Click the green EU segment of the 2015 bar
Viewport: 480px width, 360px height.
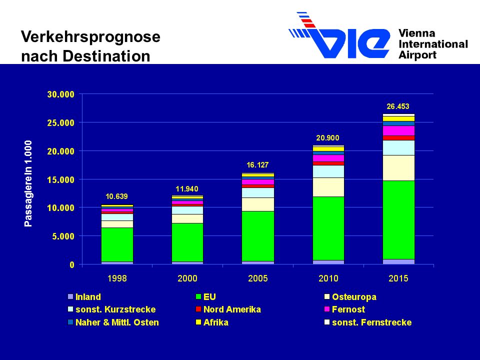tap(398, 220)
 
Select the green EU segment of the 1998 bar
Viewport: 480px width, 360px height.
tap(117, 244)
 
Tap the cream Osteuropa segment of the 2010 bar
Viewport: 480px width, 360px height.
tap(328, 187)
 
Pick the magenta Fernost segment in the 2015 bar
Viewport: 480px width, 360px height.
tap(398, 130)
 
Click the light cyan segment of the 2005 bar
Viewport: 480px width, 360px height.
tap(258, 192)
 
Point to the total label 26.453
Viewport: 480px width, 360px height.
tap(398, 106)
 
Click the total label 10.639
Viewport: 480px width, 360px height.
tap(116, 196)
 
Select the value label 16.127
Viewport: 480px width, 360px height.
tap(257, 164)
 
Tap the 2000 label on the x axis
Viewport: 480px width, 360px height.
tap(187, 278)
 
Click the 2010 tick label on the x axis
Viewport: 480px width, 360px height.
tap(328, 278)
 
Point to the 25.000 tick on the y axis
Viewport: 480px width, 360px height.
tap(60, 123)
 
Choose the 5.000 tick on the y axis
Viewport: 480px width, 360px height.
tap(63, 236)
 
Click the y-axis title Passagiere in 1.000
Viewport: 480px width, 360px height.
tap(28, 183)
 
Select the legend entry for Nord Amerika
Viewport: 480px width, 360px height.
tap(228, 309)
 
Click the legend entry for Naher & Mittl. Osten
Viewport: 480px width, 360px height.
tap(113, 322)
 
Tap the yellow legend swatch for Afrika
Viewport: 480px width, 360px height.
tap(198, 322)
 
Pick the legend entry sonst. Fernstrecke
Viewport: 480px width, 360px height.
tap(368, 322)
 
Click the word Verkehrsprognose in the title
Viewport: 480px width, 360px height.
tap(90, 36)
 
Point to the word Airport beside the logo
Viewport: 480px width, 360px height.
tap(417, 55)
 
